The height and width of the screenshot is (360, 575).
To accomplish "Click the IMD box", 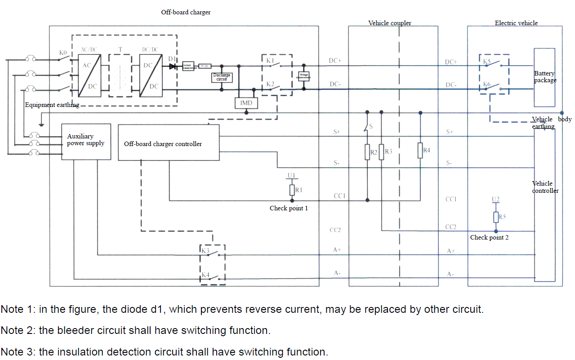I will (x=246, y=103).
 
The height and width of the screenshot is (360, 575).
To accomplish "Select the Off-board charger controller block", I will (x=169, y=142).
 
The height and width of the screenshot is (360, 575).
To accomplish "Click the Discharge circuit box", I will (x=222, y=77).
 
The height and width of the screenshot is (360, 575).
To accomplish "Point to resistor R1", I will (x=292, y=190).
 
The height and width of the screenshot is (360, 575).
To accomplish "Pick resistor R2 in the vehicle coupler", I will (x=367, y=152).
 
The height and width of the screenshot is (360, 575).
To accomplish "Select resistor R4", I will (x=420, y=150).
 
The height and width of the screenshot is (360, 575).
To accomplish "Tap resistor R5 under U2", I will (x=496, y=217).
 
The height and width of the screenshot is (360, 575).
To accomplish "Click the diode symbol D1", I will (x=172, y=66).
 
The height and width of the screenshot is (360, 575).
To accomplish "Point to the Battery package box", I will (x=544, y=77).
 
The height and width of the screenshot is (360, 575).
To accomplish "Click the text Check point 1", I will (x=289, y=208).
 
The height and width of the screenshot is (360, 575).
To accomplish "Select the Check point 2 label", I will (x=489, y=237).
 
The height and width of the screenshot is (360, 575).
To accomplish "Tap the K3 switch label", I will (x=205, y=251).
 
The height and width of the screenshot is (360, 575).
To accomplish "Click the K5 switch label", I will (x=487, y=61).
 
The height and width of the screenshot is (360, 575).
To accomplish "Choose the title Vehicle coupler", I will (x=389, y=23).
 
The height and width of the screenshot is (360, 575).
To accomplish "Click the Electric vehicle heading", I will (x=516, y=23).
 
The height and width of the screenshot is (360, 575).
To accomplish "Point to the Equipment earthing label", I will (x=52, y=105).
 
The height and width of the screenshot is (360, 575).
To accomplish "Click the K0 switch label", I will (x=63, y=53).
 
